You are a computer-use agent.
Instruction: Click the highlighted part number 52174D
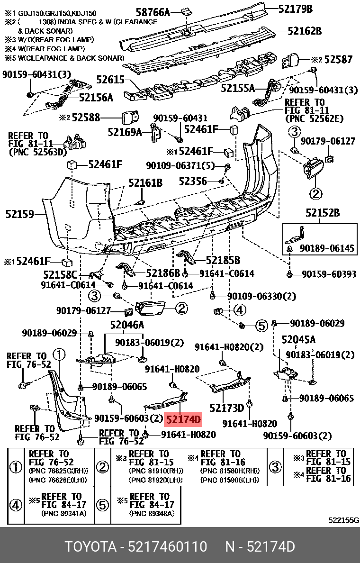[183, 419]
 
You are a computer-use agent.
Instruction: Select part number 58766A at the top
[153, 12]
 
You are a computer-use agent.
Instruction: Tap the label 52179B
[296, 9]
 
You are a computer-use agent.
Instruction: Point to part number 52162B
[304, 31]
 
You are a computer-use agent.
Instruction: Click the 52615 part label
[110, 80]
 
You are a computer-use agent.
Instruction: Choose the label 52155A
[238, 88]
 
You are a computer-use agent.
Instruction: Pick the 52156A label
[96, 98]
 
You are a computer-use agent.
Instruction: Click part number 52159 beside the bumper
[20, 214]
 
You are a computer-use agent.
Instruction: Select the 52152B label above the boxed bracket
[323, 213]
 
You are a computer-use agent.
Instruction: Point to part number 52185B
[223, 260]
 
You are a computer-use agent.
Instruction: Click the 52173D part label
[226, 408]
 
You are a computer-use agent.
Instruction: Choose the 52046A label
[127, 325]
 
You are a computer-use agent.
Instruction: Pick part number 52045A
[298, 339]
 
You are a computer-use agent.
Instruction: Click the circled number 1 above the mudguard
[59, 354]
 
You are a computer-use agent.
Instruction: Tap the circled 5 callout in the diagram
[261, 326]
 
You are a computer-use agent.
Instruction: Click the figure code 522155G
[343, 520]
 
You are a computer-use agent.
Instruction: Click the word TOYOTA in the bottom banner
[90, 547]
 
